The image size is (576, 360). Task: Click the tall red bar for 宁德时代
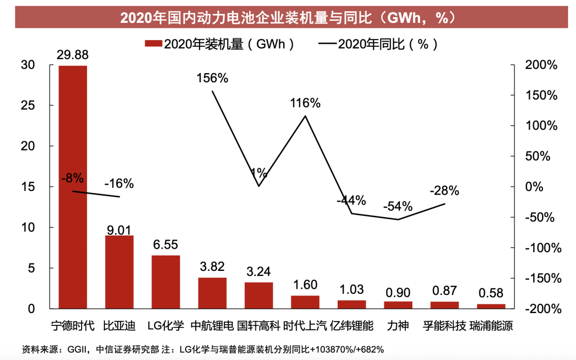[x=73, y=187]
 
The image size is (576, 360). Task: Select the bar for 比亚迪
[x=119, y=272]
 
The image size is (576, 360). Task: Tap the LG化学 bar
[x=165, y=282]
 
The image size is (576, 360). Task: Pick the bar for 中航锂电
[x=212, y=293]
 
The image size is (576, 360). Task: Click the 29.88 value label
[x=73, y=55]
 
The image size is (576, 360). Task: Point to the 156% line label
[x=212, y=78]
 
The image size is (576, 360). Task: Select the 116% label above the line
[x=305, y=103]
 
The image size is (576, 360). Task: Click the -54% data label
[x=398, y=206]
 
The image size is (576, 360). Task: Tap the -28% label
[x=444, y=191]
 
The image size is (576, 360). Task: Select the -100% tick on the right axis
[x=542, y=248]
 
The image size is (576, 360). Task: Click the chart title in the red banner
[x=288, y=18]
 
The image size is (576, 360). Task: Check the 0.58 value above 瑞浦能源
[x=491, y=293]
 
